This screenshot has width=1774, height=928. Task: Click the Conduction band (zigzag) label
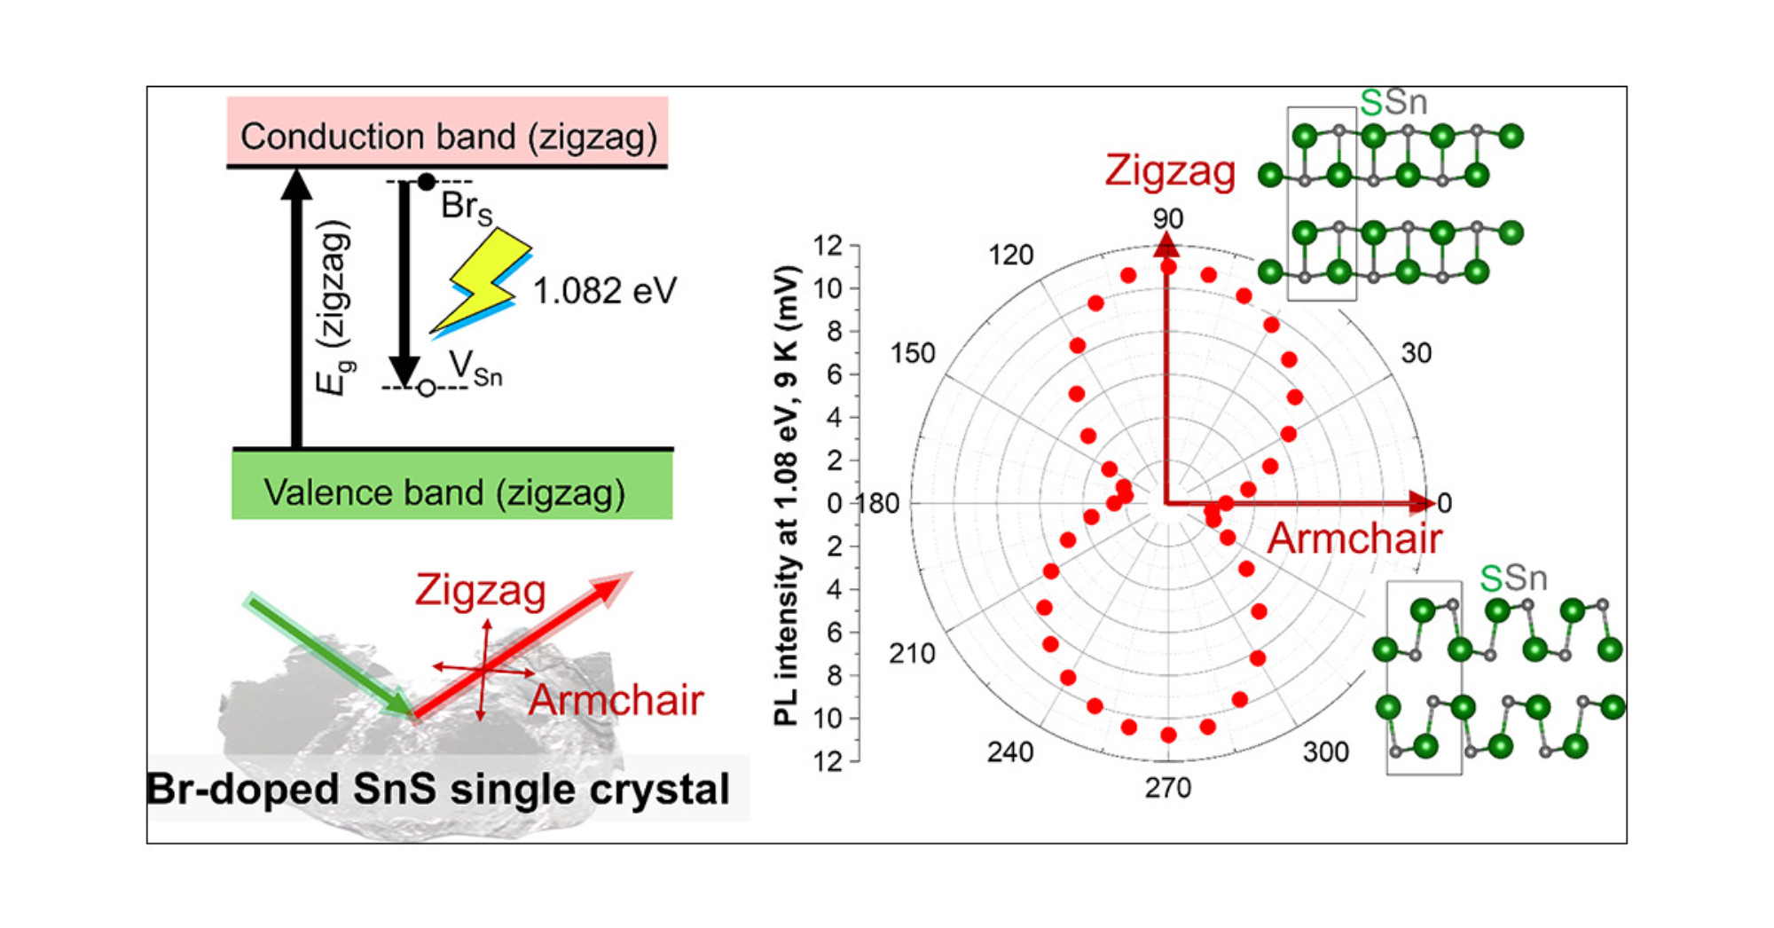(x=448, y=137)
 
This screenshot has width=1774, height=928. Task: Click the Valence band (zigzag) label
(x=444, y=492)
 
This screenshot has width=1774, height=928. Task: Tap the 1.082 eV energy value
(x=604, y=290)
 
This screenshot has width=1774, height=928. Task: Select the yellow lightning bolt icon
(x=484, y=280)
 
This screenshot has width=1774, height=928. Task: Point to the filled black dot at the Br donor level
(x=427, y=182)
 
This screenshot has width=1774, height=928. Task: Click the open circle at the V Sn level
(x=427, y=389)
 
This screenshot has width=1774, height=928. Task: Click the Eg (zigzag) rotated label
(x=334, y=307)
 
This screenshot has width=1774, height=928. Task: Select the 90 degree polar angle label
(x=1167, y=218)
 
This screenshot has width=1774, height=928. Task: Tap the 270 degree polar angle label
(x=1167, y=787)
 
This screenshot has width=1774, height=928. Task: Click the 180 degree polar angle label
(x=878, y=503)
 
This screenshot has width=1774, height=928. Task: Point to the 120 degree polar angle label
(x=1010, y=256)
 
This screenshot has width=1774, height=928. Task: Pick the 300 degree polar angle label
(x=1325, y=751)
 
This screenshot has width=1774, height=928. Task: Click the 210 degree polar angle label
(x=912, y=654)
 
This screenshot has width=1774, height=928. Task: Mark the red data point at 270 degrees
(x=1168, y=735)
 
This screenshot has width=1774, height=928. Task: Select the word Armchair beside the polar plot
(x=1354, y=539)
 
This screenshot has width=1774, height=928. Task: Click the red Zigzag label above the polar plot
(x=1169, y=170)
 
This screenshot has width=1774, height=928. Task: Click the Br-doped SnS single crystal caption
(x=438, y=789)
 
